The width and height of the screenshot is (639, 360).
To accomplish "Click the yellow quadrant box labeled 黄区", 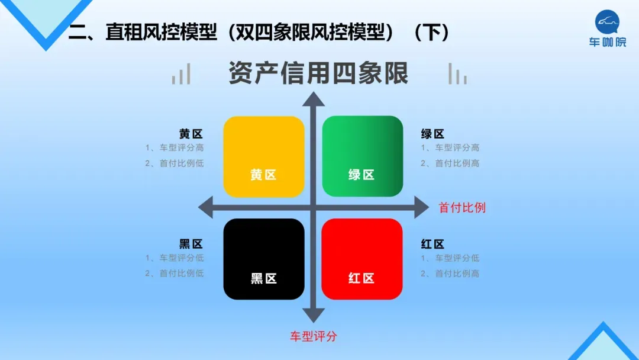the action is coord(264,156).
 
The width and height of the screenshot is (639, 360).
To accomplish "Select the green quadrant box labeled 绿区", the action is coord(362,156).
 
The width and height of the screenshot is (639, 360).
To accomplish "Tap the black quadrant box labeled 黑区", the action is coord(264,259).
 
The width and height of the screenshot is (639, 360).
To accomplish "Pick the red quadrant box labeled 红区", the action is coord(362,259).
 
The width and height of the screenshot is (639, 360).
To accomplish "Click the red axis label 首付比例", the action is coord(461,208).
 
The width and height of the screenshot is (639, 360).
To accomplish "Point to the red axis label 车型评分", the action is coord(314,336).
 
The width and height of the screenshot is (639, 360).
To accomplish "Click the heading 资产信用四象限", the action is coord(318,75).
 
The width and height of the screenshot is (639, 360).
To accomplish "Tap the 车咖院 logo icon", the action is coord(607,23).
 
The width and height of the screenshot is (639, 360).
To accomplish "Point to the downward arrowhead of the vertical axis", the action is coord(314,315).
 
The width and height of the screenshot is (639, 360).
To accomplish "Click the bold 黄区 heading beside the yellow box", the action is coord(191,134).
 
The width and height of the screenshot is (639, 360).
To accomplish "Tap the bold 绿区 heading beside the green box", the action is coord(433,134).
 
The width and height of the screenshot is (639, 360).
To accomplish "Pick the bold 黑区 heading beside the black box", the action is coord(191,244).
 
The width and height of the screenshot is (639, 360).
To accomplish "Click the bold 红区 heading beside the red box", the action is coord(433,244).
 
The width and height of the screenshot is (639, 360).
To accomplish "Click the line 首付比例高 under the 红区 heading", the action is coord(450,274).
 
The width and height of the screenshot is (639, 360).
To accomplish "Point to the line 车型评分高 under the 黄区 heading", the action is coord(175,148).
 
